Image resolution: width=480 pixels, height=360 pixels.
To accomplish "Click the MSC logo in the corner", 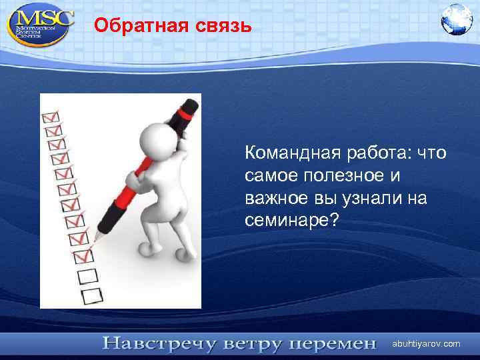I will coord(40,24).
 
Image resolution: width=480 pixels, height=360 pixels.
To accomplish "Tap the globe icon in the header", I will coord(457,19).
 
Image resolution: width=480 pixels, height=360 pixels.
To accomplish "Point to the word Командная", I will coord(293,155).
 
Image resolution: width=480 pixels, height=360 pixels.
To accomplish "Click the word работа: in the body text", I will coord(380,155).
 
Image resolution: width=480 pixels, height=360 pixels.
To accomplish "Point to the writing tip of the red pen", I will coord(95,238).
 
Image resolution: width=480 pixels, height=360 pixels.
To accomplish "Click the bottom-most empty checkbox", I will coord(88,293).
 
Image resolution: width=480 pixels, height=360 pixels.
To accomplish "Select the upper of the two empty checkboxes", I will coord(86,274).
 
